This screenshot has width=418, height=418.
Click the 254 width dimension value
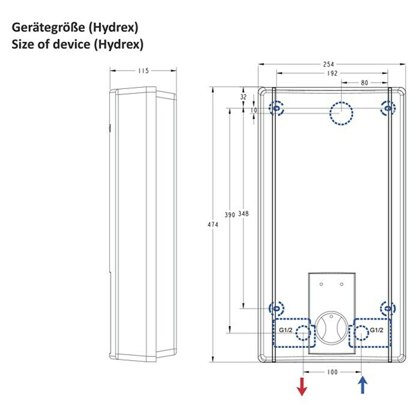pos(328,64)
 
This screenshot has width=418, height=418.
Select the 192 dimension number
pos(332,73)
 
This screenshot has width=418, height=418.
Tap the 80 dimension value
pos(365,83)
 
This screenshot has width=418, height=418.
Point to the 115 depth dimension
pos(144,71)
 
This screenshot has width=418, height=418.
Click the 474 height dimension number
pos(213,225)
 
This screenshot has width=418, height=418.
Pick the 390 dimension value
pos(230,215)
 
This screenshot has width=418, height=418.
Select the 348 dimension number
pos(243,214)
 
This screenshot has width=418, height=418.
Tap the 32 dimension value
pos(243,97)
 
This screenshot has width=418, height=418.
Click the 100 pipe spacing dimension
pos(332,372)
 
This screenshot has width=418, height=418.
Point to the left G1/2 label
pos(286,330)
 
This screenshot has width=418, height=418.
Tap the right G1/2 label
pos(376,330)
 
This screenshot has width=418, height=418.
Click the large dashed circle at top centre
pos(341,102)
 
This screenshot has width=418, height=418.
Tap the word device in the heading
pos(71,44)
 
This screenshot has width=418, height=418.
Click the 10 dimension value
pos(254,110)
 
